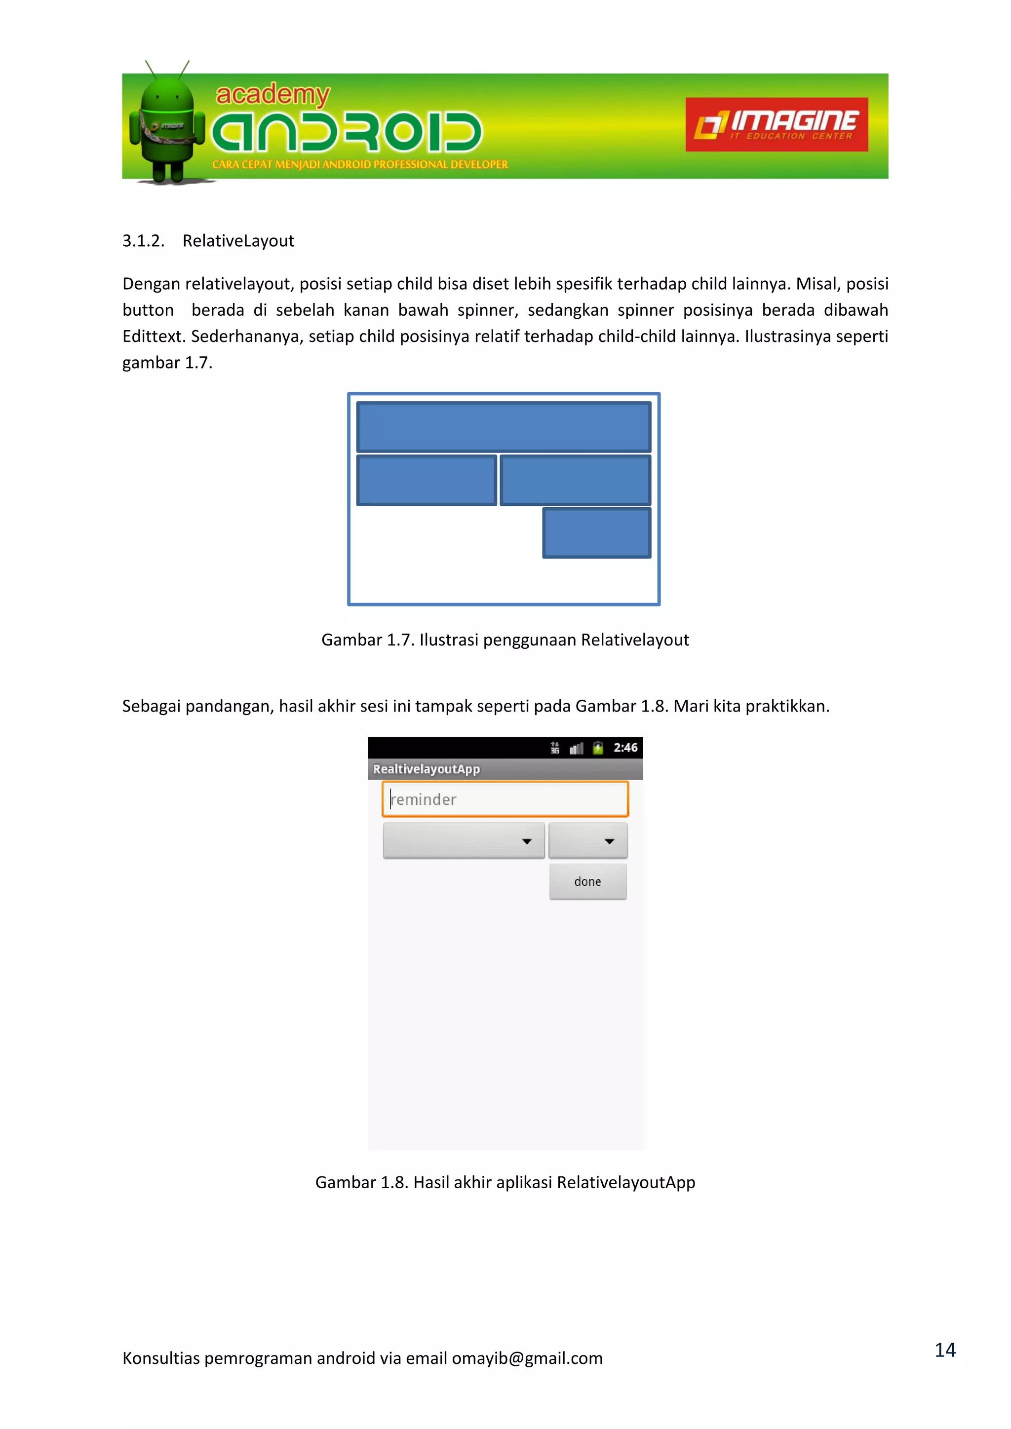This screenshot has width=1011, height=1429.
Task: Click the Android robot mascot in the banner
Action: (x=167, y=124)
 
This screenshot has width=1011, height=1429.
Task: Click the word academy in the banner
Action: (x=272, y=95)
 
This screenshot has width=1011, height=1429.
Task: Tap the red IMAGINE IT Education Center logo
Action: (x=777, y=124)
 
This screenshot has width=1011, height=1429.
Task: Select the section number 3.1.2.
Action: (x=143, y=241)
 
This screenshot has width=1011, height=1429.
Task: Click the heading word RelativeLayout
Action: (x=238, y=241)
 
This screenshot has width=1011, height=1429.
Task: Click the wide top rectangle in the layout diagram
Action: (x=504, y=427)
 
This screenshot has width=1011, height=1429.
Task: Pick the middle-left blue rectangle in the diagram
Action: (x=427, y=480)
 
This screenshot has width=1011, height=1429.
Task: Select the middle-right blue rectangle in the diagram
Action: (x=575, y=480)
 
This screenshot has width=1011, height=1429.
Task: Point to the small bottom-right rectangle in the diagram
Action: (x=596, y=533)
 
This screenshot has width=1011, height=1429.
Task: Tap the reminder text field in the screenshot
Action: (x=505, y=799)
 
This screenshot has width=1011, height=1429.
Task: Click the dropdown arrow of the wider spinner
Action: (x=527, y=841)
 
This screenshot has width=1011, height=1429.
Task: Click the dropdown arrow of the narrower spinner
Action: (x=610, y=841)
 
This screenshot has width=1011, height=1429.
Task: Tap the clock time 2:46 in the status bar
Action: (x=625, y=748)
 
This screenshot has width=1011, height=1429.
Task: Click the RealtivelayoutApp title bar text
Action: (x=427, y=769)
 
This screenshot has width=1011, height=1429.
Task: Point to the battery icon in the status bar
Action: (x=598, y=748)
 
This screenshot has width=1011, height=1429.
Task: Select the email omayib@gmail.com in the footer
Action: (x=527, y=1358)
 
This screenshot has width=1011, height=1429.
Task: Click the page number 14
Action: (x=944, y=1350)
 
